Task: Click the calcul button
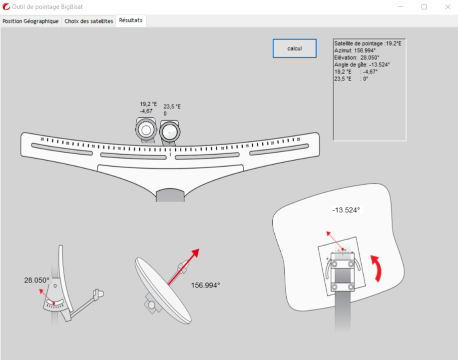[x=294, y=48]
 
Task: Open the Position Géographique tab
[x=30, y=21]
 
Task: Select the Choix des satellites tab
[x=89, y=21]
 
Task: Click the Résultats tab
[x=130, y=20]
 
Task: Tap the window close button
[x=447, y=7]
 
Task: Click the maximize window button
[x=424, y=7]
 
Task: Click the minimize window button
[x=401, y=7]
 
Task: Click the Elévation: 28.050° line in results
[x=356, y=57]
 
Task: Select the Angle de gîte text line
[x=362, y=64]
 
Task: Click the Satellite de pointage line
[x=367, y=43]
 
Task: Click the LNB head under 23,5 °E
[x=170, y=131]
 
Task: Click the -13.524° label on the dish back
[x=346, y=210]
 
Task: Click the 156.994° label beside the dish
[x=205, y=285]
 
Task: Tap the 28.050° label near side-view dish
[x=37, y=280]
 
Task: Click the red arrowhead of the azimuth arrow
[x=195, y=253]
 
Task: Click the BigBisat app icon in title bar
[x=6, y=7]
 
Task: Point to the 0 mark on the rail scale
[x=170, y=149]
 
